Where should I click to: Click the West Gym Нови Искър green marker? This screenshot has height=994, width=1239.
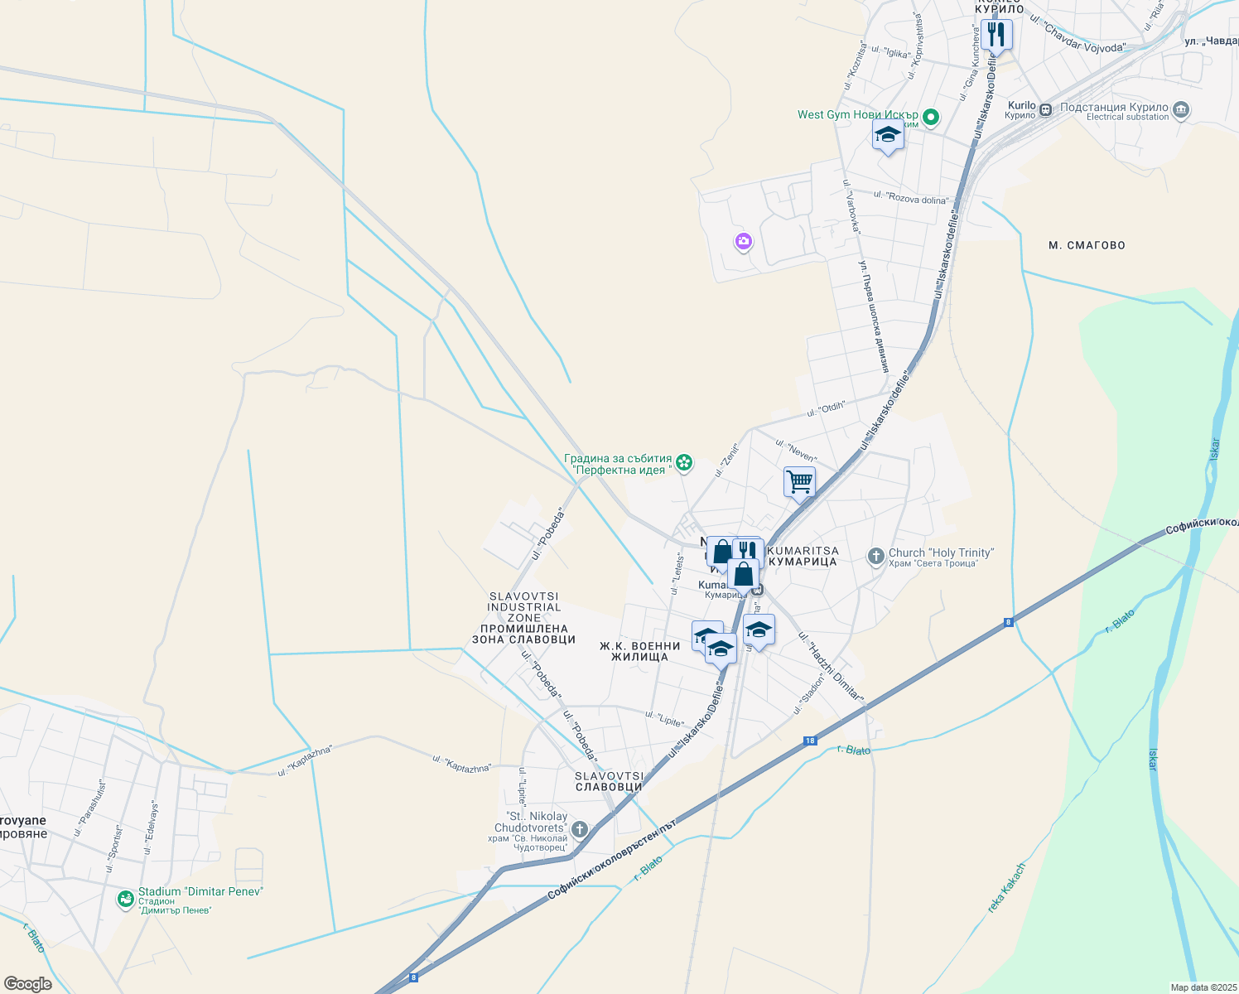[931, 117]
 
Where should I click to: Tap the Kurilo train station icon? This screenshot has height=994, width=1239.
[1045, 109]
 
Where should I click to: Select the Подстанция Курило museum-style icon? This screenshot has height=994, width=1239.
[1182, 109]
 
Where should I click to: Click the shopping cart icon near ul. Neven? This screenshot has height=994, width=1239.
[799, 481]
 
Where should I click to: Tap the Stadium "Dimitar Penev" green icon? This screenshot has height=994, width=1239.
[126, 898]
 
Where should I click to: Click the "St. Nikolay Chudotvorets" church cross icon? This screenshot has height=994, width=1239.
[580, 829]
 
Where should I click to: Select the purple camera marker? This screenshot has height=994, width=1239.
[744, 242]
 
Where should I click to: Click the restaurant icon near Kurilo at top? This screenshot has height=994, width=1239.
[996, 36]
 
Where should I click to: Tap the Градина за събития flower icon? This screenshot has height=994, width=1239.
[684, 462]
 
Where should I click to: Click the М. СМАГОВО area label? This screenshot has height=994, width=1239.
[1087, 245]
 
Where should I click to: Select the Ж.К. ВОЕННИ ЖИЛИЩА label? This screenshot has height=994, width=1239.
[639, 651]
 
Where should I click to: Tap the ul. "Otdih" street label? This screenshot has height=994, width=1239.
[826, 409]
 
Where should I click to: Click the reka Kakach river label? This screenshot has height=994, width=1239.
[1006, 889]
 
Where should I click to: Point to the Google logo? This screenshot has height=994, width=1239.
[28, 984]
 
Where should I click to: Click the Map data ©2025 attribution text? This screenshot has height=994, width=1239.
[1203, 987]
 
